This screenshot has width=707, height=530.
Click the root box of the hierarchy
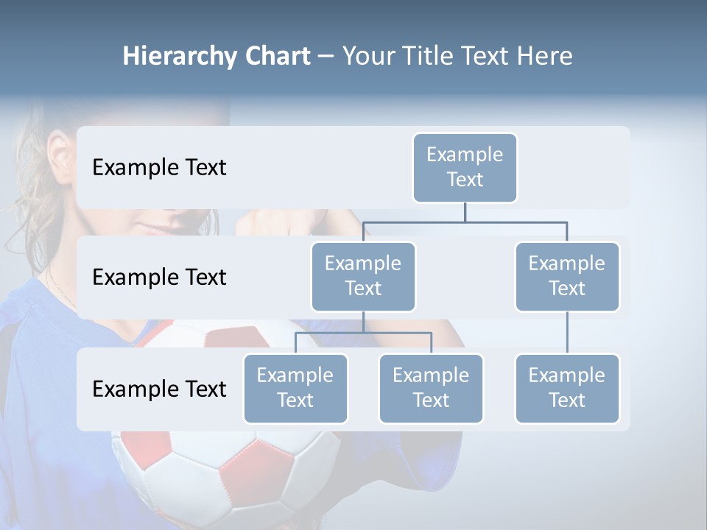(465, 167)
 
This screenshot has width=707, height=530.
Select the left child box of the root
(363, 276)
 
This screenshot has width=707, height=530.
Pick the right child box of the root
(567, 276)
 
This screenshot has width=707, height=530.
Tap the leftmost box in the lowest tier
(295, 388)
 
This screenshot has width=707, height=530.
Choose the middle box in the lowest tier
(431, 388)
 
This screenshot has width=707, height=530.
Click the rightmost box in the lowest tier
(567, 388)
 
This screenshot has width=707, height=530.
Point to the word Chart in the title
(276, 56)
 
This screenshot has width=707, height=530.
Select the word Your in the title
(369, 56)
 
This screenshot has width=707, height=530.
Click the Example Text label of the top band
(159, 167)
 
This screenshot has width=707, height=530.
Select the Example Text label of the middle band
(159, 277)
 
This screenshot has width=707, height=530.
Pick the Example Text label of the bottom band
(159, 389)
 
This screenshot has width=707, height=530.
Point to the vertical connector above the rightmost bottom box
(567, 333)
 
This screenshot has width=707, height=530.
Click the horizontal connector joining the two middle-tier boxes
(465, 222)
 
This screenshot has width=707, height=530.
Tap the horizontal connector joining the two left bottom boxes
(363, 333)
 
